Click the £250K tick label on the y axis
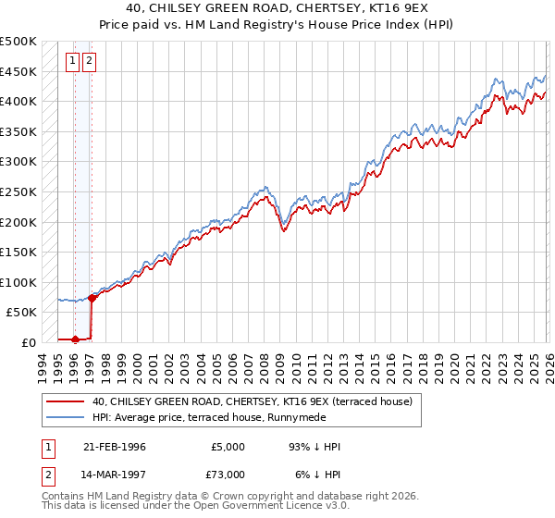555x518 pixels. click(18, 191)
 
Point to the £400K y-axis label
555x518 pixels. click(18, 101)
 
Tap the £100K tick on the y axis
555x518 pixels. click(18, 282)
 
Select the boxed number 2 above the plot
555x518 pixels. click(90, 63)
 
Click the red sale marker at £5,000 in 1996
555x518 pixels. click(75, 339)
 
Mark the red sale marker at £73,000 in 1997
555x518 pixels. click(92, 298)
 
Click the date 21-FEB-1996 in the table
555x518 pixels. click(114, 447)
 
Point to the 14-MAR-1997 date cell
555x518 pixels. click(114, 474)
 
